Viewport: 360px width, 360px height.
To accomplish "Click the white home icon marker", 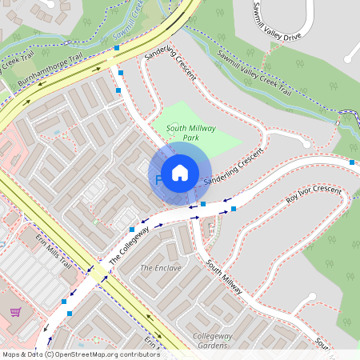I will (x=180, y=172).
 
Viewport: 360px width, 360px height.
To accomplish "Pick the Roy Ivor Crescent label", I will (x=314, y=195).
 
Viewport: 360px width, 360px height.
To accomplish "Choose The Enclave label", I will (x=161, y=268).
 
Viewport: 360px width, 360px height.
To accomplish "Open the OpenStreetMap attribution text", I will (x=80, y=354).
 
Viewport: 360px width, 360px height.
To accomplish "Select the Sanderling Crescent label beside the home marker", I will (x=233, y=168).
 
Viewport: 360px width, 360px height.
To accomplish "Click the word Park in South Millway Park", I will (x=191, y=138).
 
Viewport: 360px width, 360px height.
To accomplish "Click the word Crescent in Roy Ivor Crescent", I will (x=327, y=192).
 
